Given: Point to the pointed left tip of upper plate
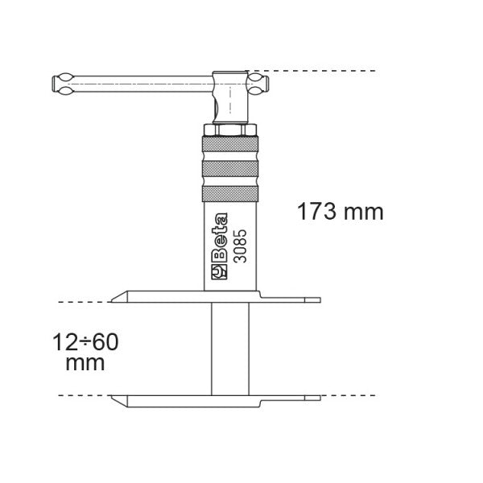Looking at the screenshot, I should tap(113, 301).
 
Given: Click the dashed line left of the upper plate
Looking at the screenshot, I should tap(80, 302).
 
